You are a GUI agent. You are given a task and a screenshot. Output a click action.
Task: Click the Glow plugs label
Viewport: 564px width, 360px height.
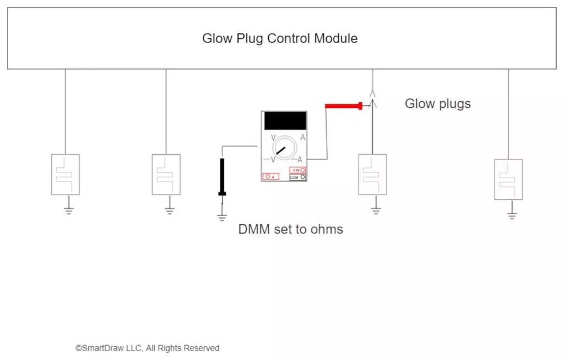pyautogui.click(x=438, y=103)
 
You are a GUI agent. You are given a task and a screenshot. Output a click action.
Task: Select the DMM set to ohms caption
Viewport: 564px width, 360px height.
pyautogui.click(x=290, y=229)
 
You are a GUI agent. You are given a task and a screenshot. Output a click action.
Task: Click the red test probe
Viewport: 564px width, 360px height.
pyautogui.click(x=343, y=106)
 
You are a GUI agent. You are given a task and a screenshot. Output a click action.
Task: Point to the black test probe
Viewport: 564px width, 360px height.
pyautogui.click(x=222, y=177)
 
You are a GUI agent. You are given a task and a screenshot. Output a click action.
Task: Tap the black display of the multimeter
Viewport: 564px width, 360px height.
pyautogui.click(x=285, y=121)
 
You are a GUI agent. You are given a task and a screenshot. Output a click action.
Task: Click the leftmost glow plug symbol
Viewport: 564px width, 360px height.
pyautogui.click(x=66, y=174)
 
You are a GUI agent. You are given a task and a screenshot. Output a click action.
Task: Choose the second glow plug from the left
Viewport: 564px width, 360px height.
pyautogui.click(x=166, y=174)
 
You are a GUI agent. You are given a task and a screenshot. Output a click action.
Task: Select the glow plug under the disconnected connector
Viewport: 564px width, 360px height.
pyautogui.click(x=372, y=174)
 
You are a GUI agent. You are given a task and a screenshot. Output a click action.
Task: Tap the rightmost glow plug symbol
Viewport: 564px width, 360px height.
pyautogui.click(x=508, y=179)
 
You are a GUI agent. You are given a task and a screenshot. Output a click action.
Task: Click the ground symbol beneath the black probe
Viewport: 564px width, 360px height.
pyautogui.click(x=222, y=216)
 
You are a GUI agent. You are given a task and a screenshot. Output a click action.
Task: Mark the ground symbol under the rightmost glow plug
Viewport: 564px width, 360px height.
pyautogui.click(x=512, y=214)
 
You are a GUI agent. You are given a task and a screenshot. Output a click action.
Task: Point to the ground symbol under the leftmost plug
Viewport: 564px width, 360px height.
pyautogui.click(x=69, y=209)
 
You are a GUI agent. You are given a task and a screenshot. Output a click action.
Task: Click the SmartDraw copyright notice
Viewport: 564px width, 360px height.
pyautogui.click(x=148, y=348)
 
